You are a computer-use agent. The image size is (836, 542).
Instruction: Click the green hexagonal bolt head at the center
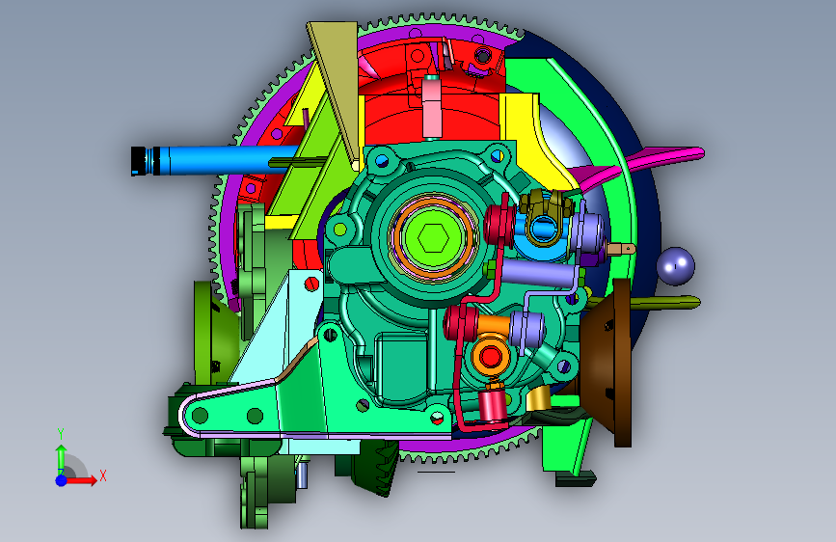(x=432, y=237)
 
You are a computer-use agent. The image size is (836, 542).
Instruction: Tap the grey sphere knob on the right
(x=676, y=265)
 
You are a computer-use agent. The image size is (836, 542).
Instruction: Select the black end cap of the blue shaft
(x=138, y=160)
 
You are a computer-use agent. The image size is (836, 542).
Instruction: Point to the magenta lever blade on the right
(x=640, y=164)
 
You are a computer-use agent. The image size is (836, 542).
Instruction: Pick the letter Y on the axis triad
(x=61, y=434)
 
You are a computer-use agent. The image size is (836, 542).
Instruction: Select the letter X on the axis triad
(x=103, y=475)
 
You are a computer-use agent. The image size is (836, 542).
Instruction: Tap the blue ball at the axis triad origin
(x=62, y=480)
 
